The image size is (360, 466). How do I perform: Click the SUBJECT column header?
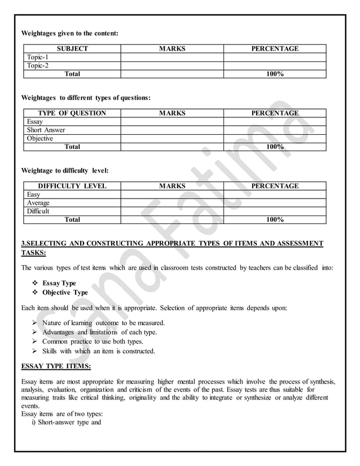click(72, 49)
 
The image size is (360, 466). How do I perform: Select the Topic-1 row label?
click(38, 57)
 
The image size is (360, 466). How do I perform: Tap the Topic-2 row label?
click(38, 65)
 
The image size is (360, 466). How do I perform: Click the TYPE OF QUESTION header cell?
click(72, 113)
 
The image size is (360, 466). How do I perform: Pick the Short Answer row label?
click(46, 130)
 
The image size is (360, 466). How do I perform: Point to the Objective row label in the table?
click(40, 138)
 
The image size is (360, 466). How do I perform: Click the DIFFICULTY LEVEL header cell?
click(72, 186)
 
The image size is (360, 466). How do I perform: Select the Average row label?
click(38, 203)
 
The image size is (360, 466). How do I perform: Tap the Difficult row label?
click(38, 211)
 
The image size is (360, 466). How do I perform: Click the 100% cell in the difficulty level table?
click(275, 219)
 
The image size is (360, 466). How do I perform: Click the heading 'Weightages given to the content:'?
click(69, 33)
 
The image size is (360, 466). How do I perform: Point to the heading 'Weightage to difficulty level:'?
click(65, 170)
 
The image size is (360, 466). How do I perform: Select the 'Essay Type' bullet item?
click(59, 283)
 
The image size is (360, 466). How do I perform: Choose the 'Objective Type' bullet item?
click(65, 293)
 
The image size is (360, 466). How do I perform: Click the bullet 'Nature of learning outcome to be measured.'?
click(103, 323)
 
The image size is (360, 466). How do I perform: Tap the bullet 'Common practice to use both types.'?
click(93, 341)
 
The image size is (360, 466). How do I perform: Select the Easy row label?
click(34, 195)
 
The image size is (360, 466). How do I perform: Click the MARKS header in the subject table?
click(172, 49)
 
